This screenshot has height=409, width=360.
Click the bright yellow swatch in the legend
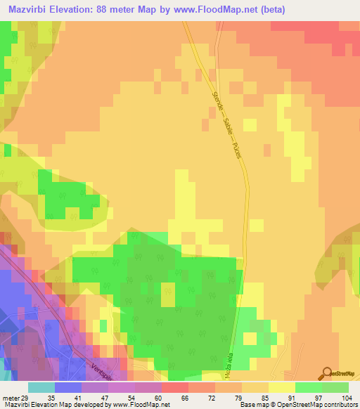pyautogui.click(x=282, y=387)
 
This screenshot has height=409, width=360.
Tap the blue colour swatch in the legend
pyautogui.click(x=67, y=387)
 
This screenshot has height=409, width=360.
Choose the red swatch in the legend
pyautogui.click(x=174, y=387)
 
